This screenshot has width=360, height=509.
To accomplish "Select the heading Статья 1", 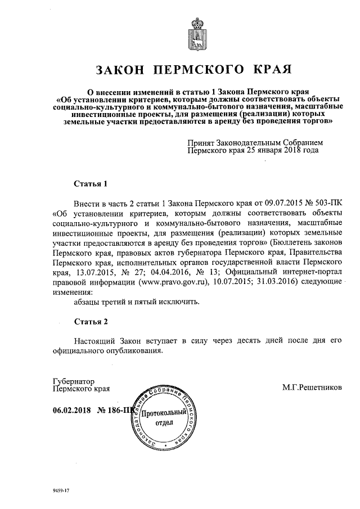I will pos(91,184).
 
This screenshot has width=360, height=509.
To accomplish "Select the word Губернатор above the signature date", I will pos(74,380).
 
